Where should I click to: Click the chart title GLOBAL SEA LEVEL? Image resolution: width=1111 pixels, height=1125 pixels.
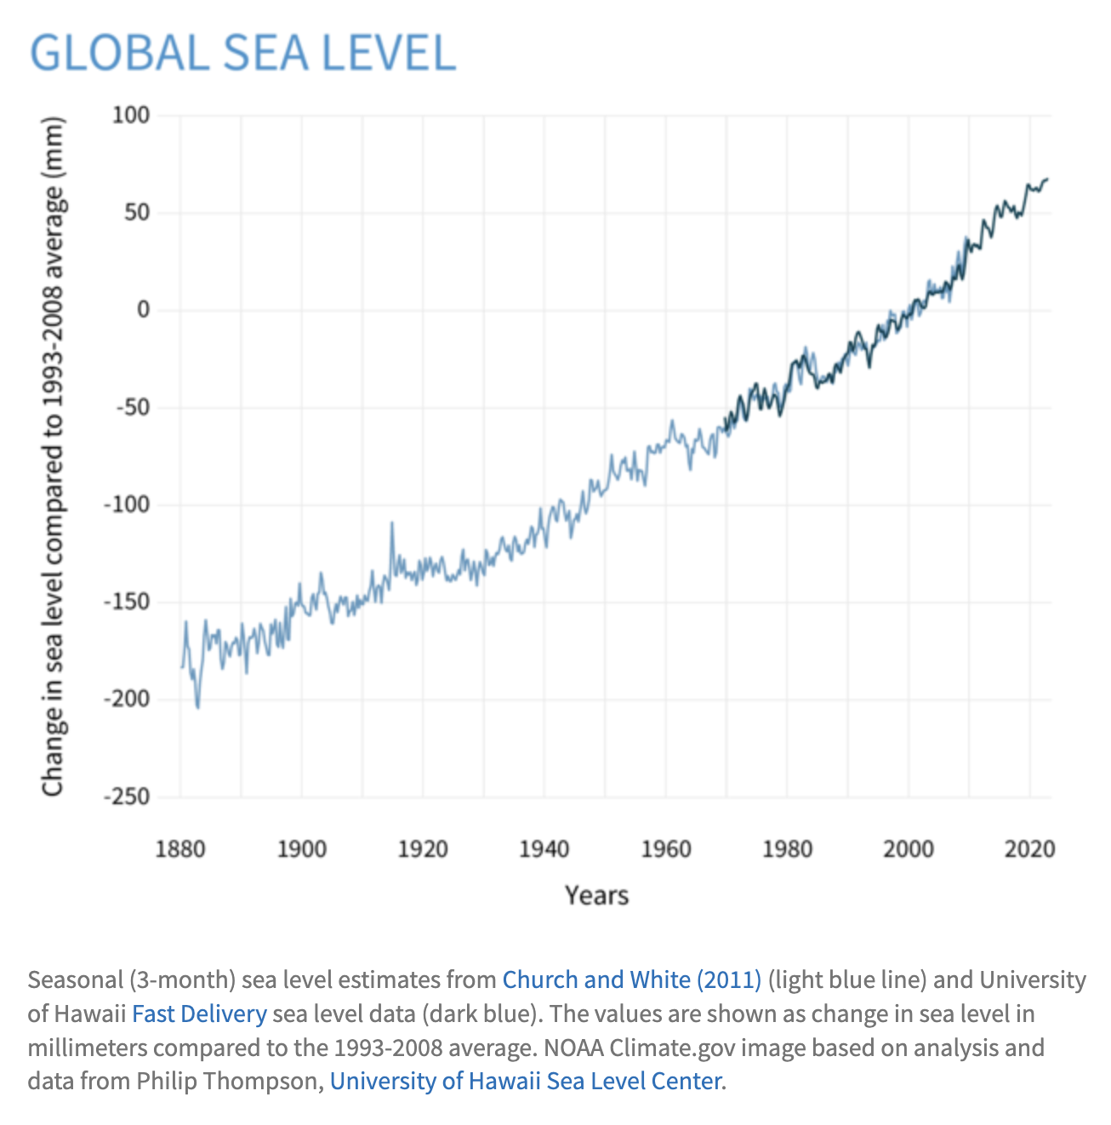coord(242,53)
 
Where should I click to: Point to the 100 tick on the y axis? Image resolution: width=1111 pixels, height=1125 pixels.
coord(131,115)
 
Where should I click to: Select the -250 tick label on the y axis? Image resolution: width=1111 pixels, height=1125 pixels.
coord(126,797)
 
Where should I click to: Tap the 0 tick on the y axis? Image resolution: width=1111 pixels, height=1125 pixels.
coord(143,310)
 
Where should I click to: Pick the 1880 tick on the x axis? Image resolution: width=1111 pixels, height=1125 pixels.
coord(180,849)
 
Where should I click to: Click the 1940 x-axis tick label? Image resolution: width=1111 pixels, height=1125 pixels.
coord(544,849)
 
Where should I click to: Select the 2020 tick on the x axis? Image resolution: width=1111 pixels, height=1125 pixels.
coord(1029,849)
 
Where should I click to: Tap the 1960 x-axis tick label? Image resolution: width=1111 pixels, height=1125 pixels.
coord(666,849)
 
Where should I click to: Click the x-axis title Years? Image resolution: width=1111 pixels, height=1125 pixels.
coord(596,895)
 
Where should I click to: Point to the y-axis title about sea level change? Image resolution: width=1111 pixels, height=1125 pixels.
coord(54,457)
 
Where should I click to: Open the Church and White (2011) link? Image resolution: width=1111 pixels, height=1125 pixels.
coord(631,980)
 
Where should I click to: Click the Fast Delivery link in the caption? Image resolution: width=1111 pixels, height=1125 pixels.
coord(199,1014)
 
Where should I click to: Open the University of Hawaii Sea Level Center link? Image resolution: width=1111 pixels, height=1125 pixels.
coord(525,1082)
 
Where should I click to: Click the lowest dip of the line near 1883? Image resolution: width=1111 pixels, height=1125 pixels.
coord(198,707)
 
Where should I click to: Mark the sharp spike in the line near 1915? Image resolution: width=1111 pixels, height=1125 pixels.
coord(392,523)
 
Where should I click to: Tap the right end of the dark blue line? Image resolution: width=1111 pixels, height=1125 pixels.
coord(1047,179)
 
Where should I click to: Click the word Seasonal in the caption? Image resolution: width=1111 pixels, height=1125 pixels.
coord(75,980)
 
